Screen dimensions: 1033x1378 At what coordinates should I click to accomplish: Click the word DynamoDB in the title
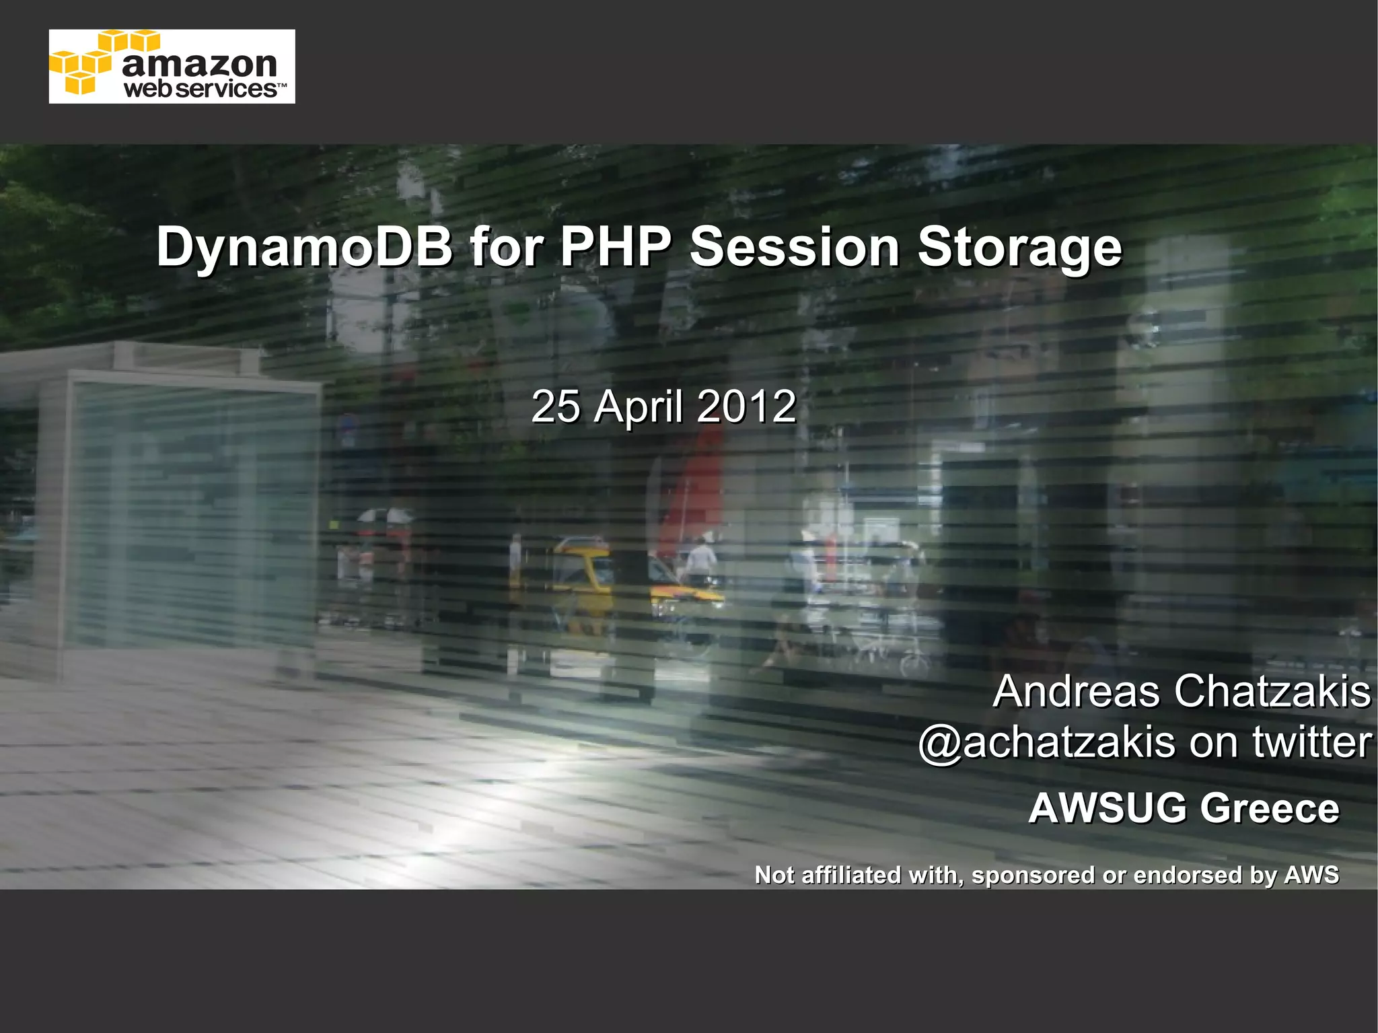tap(304, 248)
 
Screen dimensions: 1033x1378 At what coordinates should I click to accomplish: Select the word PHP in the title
tap(615, 246)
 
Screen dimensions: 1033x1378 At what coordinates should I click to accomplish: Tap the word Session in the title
tap(795, 246)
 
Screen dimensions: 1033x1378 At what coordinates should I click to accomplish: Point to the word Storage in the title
tap(1019, 248)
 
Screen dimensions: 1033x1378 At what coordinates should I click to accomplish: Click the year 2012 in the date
tap(746, 406)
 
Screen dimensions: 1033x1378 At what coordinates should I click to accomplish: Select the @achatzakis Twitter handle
tap(1046, 743)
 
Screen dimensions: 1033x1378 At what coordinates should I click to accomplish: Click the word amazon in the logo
tap(200, 64)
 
